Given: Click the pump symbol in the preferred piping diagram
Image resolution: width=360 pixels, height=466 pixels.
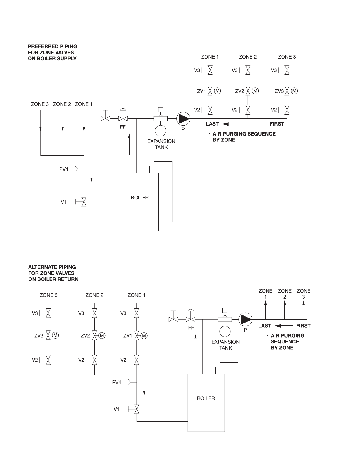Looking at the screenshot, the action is (183, 118).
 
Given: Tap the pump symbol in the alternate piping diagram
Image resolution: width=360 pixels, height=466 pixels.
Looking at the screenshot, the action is (245, 319).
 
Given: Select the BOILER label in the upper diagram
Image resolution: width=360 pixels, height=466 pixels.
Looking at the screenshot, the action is (140, 198).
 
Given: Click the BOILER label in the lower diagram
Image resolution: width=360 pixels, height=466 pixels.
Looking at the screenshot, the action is (206, 398).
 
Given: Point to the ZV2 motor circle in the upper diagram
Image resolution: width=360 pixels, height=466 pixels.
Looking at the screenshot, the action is (255, 91).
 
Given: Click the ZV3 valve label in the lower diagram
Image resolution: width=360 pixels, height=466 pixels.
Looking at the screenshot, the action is (39, 336).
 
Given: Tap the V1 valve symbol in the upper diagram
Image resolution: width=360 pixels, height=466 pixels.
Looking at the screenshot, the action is (84, 202).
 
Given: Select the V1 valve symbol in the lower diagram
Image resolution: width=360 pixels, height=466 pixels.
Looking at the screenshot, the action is (136, 409).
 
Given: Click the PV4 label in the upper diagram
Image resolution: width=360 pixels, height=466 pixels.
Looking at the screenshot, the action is (64, 169).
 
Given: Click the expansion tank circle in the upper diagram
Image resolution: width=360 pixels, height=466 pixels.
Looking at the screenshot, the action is (160, 131).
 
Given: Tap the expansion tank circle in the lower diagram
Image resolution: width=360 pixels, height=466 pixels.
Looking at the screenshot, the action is (225, 331).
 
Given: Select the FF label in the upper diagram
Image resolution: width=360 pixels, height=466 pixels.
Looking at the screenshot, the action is (123, 127).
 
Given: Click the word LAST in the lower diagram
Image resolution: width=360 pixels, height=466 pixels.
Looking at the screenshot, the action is (265, 325).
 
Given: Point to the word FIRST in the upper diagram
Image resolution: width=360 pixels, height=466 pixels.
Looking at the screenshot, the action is (277, 124).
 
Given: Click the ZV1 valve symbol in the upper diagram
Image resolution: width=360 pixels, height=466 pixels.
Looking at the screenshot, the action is (210, 91).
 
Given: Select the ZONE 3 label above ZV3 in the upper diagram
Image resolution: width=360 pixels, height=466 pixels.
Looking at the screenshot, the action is (287, 57).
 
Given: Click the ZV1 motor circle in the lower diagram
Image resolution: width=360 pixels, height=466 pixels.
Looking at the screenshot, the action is (144, 336).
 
